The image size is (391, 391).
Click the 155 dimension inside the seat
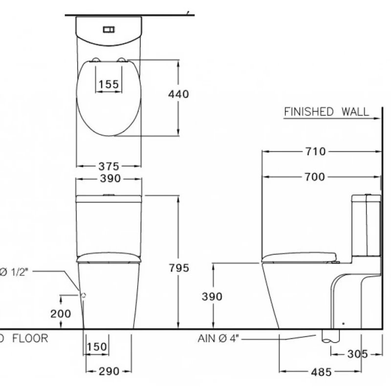coord(108,85)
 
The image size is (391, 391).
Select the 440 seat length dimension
coord(178,94)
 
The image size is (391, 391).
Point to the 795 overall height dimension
coord(179,268)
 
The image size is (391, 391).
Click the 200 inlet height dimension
coord(61,314)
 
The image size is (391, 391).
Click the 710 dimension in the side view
coord(315,152)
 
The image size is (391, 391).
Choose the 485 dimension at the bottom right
coord(321,372)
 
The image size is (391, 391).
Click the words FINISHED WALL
coord(326,112)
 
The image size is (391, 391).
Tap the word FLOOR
coord(30,338)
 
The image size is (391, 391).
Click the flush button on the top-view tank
coord(109,29)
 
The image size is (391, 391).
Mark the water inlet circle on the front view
coord(83,295)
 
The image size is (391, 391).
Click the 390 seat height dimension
coord(212,297)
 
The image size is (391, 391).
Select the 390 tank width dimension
coord(109,179)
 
